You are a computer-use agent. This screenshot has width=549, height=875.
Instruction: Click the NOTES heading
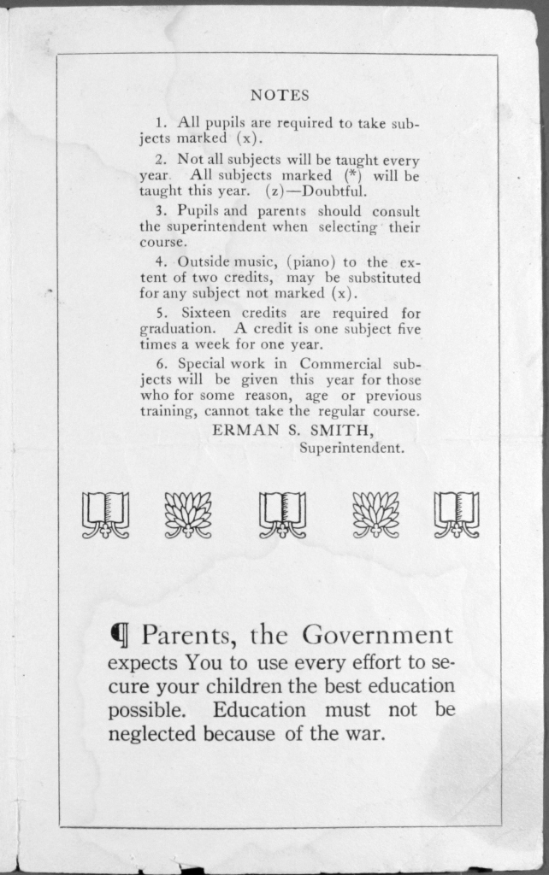pos(280,95)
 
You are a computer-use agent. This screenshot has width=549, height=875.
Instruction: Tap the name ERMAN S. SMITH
pos(292,430)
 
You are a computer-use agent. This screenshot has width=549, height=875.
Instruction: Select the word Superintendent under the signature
pos(351,447)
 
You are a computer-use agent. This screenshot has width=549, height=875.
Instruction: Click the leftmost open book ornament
pos(106,514)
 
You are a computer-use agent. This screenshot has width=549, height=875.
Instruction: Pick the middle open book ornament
pos(282,514)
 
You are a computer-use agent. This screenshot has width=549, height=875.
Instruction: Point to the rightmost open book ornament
pos(457,514)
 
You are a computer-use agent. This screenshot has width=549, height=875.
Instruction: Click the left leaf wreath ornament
pos(188,514)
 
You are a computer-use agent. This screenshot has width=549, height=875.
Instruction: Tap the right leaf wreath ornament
pos(375,514)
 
